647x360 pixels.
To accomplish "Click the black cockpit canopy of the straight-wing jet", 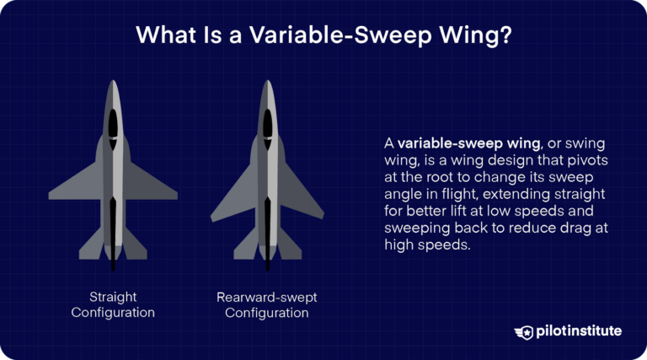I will pyautogui.click(x=114, y=123).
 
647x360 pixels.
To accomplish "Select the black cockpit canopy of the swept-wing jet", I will pyautogui.click(x=267, y=123).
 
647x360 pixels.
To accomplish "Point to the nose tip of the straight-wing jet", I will pyautogui.click(x=114, y=82).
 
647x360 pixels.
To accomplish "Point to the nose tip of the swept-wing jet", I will pyautogui.click(x=267, y=82).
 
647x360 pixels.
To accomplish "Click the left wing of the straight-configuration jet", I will pyautogui.click(x=74, y=185).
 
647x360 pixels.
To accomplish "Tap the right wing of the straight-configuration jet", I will pyautogui.click(x=153, y=185).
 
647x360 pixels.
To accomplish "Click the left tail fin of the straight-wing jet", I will pyautogui.click(x=91, y=244).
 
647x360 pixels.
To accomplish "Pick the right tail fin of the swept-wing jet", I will pyautogui.click(x=289, y=244).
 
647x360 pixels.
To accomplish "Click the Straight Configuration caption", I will pyautogui.click(x=114, y=304).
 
